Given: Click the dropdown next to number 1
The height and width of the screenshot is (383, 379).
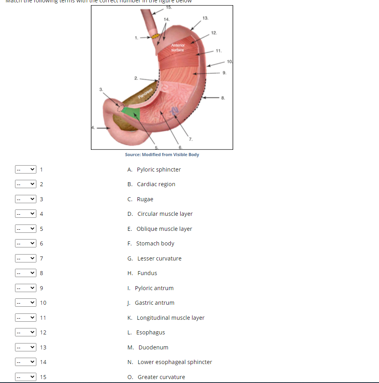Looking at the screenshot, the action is click(x=26, y=170).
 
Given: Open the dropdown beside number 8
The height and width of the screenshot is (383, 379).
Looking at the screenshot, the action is click(x=26, y=273).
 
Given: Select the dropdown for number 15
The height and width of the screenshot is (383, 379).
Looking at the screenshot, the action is click(x=26, y=377).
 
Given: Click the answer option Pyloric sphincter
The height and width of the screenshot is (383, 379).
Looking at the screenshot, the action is click(x=158, y=170).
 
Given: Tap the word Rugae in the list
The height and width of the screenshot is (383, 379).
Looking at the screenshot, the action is click(x=145, y=199).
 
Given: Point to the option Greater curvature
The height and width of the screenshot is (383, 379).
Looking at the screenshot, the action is click(x=161, y=377).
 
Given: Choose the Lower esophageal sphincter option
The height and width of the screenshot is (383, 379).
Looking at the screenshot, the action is click(x=174, y=362).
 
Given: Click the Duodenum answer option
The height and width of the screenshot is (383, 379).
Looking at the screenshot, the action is click(x=153, y=347).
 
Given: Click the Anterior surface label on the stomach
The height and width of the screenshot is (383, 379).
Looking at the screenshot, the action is click(x=177, y=48).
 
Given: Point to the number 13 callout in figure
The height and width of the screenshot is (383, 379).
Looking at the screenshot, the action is click(x=205, y=18).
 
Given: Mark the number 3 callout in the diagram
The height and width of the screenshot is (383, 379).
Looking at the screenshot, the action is click(x=101, y=89).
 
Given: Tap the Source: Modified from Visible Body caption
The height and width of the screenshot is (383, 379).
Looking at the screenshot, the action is click(x=162, y=155).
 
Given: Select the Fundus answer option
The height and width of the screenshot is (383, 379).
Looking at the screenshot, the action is click(x=147, y=273).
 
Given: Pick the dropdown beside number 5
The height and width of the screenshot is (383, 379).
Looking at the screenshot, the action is click(x=26, y=229).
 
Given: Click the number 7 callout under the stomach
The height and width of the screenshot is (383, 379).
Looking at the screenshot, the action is click(x=190, y=139).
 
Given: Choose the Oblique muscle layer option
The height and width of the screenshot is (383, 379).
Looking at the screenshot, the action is click(x=164, y=229).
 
